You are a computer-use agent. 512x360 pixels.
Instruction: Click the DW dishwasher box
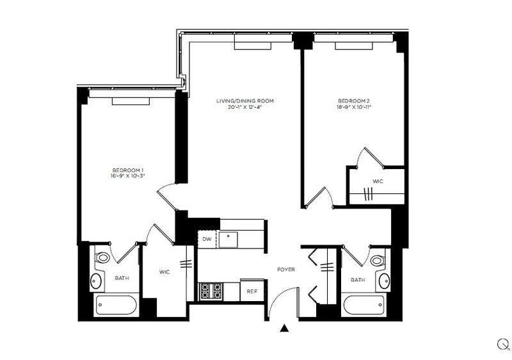pos(207,239)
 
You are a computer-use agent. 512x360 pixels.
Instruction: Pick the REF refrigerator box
pos(252,290)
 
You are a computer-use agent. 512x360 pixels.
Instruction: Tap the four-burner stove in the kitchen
pos(211,291)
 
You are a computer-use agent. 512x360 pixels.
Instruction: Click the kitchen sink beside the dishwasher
pos(228,240)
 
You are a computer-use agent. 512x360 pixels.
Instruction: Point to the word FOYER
pos(286,270)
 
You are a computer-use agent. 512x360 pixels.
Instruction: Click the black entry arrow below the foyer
pos(284,328)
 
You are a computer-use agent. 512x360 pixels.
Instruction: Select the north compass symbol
pos(502,344)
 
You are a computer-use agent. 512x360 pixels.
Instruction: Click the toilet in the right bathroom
pos(378,260)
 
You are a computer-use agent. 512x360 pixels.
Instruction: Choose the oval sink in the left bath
pos(95,281)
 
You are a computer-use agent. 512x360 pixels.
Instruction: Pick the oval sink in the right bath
pos(384,281)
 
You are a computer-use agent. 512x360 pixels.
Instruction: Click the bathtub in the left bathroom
pos(116,305)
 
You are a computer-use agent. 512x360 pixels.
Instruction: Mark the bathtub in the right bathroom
pos(364,305)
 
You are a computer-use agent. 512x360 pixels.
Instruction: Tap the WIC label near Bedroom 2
pos(378,181)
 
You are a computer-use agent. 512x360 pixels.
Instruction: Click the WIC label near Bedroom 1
pos(164,272)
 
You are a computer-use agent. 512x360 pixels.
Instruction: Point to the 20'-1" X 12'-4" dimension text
pos(245,107)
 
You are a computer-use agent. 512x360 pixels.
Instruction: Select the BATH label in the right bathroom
pos(358,280)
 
